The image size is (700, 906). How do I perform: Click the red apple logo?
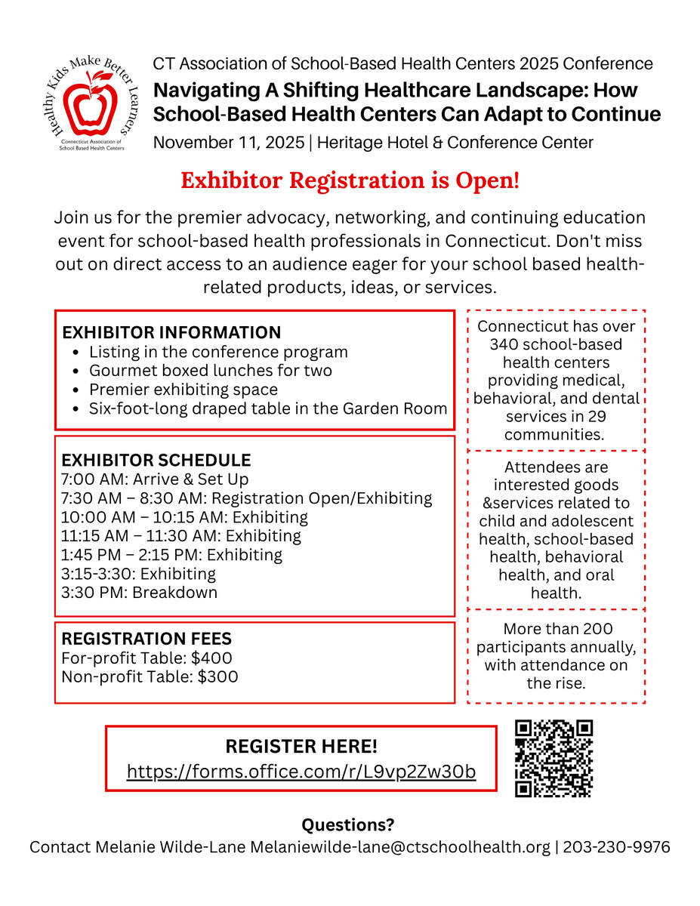click(90, 106)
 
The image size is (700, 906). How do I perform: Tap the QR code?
click(554, 758)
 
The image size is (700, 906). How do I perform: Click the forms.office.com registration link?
click(301, 772)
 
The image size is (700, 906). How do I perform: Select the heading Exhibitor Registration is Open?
click(350, 181)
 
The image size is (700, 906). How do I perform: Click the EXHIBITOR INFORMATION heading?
click(171, 333)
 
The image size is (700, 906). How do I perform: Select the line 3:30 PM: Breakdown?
click(139, 592)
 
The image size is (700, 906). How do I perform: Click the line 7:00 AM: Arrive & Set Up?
click(155, 479)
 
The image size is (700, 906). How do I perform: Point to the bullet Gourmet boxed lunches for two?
click(211, 371)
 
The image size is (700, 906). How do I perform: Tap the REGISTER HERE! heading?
click(301, 747)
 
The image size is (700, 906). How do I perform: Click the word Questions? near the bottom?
click(348, 824)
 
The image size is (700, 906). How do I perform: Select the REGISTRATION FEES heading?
click(146, 639)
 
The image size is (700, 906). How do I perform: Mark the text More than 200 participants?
click(557, 638)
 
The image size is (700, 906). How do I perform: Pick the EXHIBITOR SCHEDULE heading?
click(156, 461)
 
